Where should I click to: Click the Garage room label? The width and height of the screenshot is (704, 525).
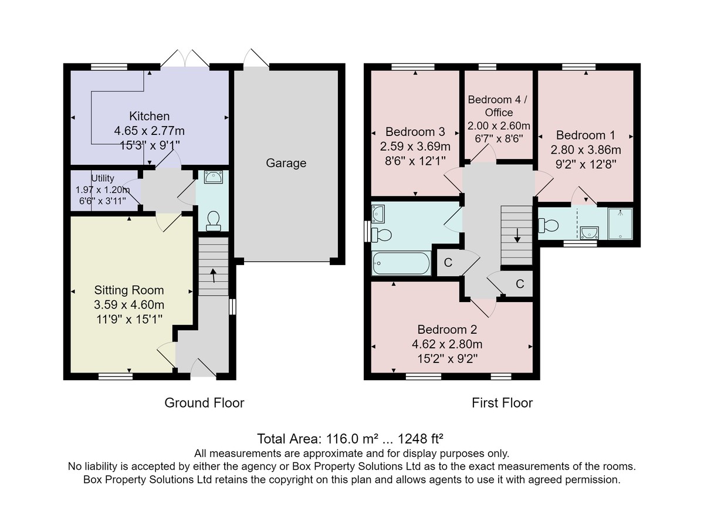[x=286, y=163]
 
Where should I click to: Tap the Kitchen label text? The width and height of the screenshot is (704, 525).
[x=149, y=116]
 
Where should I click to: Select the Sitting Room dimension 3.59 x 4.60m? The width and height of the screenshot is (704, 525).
[x=129, y=304]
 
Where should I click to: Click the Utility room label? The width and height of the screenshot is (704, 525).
[x=103, y=178]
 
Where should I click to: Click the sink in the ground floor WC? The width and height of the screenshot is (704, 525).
[x=214, y=177]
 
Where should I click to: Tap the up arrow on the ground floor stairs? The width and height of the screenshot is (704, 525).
[x=213, y=276]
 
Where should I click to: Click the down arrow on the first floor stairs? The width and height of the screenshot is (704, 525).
[x=517, y=235]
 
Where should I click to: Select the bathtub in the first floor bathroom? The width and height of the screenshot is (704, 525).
[x=401, y=263]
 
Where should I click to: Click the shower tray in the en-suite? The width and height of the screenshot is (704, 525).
[x=620, y=223]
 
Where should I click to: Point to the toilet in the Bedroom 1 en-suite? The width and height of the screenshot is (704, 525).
[x=548, y=225]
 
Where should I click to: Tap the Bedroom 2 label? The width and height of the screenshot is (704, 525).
[x=447, y=329]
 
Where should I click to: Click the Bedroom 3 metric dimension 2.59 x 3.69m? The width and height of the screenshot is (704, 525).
[x=415, y=147]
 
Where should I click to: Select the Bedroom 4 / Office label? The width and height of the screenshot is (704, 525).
[x=498, y=106]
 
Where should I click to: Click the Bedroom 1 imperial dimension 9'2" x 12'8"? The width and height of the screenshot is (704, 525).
[x=585, y=164]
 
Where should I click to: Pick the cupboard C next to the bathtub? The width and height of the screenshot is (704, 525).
[x=448, y=263]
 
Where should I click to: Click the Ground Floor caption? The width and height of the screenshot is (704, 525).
[x=204, y=403]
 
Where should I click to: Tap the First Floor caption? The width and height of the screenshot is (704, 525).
[x=502, y=403]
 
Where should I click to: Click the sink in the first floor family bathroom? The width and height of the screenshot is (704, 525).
[x=378, y=214]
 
